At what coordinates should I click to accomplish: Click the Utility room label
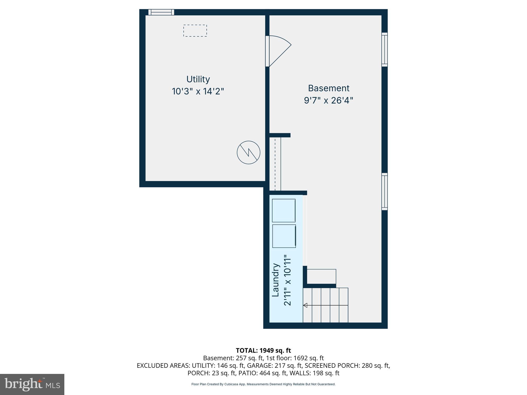tap(198, 79)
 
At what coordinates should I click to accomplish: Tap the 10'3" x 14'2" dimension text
tap(198, 91)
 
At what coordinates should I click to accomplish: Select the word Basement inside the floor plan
tap(329, 88)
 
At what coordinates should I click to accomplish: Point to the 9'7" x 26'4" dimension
tap(329, 100)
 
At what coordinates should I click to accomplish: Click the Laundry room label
tap(276, 280)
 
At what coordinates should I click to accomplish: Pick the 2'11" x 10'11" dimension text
tap(287, 280)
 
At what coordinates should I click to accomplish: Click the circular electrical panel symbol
tap(248, 152)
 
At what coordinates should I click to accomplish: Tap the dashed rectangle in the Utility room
tap(195, 31)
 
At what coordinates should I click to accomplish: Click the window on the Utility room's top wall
tap(161, 12)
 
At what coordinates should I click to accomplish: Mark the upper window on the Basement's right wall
tap(384, 49)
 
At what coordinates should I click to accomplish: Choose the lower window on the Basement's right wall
tap(384, 192)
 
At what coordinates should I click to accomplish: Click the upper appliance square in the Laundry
tap(284, 210)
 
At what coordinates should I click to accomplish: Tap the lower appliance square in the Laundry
tap(284, 236)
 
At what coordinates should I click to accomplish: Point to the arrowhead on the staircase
tap(305, 305)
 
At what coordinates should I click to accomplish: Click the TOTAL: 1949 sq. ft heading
tap(263, 351)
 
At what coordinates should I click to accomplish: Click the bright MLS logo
tap(32, 384)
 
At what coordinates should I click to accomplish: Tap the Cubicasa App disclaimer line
tap(263, 384)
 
